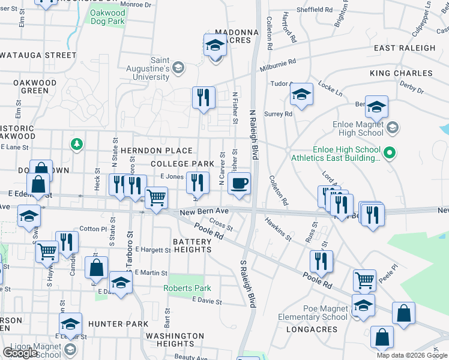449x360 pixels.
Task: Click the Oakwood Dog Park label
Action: pos(108,16)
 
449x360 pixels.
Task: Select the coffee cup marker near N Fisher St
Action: pos(239,184)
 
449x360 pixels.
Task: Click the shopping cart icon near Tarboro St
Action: pos(156,197)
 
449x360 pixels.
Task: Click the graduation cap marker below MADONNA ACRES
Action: pos(215,45)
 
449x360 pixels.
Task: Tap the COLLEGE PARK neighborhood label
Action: pos(182,164)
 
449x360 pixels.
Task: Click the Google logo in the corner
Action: pos(20,353)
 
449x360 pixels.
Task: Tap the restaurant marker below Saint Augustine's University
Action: pos(203,97)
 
